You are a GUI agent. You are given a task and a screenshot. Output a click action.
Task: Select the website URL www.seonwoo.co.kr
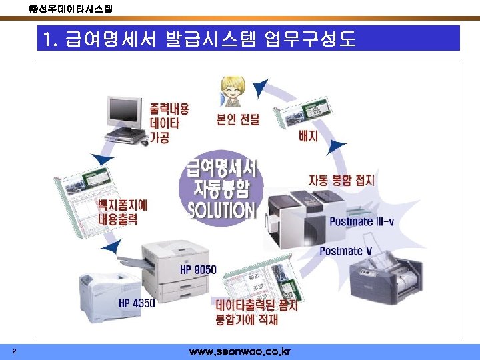click(239, 351)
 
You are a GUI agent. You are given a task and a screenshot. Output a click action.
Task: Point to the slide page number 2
click(14, 351)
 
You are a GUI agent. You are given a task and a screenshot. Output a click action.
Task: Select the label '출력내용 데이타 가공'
click(169, 123)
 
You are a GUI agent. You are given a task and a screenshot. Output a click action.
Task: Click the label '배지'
click(308, 136)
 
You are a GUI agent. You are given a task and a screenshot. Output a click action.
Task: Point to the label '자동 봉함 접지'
click(341, 180)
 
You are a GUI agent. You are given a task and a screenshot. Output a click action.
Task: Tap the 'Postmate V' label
click(345, 251)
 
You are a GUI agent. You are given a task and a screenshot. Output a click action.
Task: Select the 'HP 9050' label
click(198, 270)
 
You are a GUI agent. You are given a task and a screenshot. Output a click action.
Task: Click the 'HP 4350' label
click(137, 303)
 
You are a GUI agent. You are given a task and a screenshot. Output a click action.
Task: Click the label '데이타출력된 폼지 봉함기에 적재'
click(256, 313)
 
